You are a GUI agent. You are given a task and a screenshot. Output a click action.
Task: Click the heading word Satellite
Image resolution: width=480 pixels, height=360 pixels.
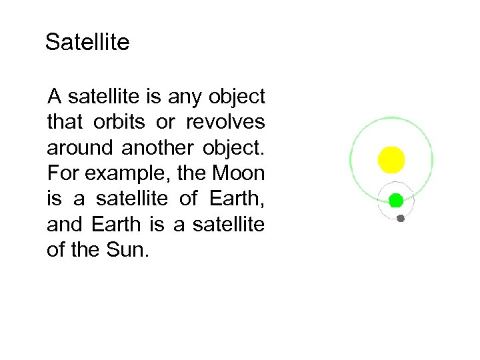(87, 43)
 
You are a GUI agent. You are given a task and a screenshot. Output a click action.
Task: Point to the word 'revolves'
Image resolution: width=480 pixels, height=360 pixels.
(225, 123)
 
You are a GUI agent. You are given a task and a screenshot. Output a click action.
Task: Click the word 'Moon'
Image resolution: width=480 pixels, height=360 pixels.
(238, 174)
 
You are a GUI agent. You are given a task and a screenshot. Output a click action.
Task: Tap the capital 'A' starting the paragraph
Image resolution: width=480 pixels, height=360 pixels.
(54, 97)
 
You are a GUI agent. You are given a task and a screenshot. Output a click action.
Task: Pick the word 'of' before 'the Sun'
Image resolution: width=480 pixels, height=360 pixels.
(56, 251)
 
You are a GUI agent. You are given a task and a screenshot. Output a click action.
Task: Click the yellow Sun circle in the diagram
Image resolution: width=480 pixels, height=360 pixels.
(391, 159)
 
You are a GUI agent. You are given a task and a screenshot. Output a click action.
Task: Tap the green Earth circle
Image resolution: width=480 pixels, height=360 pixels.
(395, 199)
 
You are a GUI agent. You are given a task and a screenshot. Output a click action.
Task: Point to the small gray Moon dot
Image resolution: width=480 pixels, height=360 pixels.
(401, 218)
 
